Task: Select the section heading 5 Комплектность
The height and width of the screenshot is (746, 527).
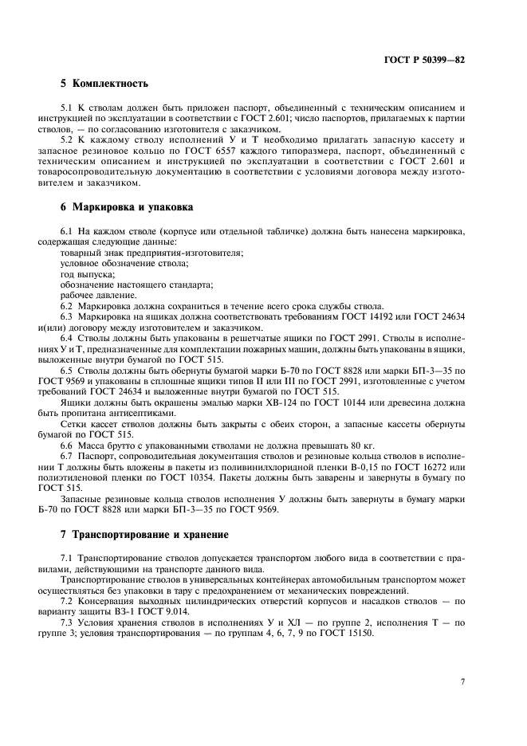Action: pyautogui.click(x=104, y=84)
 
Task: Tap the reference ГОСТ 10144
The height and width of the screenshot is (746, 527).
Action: pyautogui.click(x=339, y=403)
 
